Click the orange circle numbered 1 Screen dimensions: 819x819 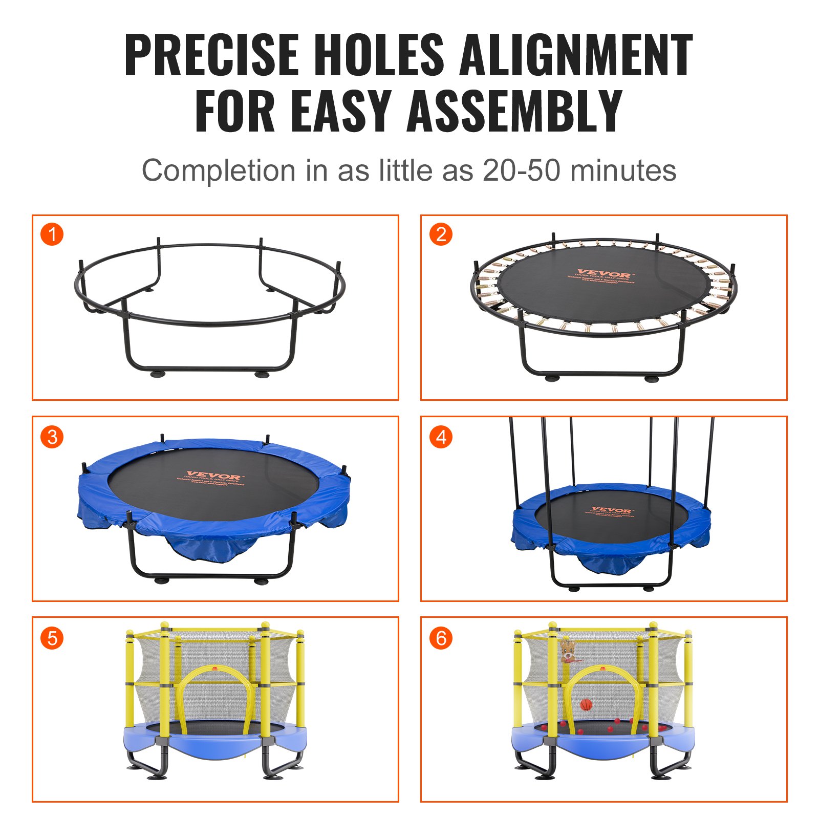tap(52, 234)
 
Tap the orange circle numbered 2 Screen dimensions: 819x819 tap(441, 234)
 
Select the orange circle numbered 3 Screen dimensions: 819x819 tap(52, 437)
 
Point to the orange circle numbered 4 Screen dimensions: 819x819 tap(441, 437)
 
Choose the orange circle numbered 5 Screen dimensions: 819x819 tap(52, 638)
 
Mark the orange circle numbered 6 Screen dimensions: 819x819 tap(441, 638)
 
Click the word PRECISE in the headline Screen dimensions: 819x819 tap(211, 55)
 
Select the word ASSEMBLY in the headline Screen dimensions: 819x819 tap(514, 111)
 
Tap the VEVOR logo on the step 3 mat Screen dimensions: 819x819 tap(213, 477)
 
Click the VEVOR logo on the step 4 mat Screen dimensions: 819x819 tap(612, 510)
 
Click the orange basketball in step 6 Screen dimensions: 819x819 tap(586, 705)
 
